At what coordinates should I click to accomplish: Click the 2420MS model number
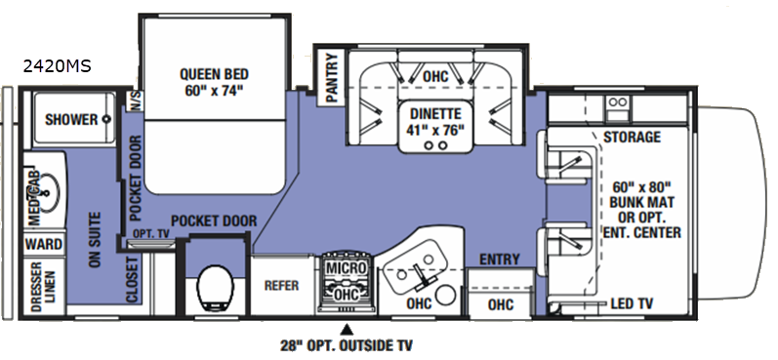coord(57,66)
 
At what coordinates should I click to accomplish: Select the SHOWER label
coord(71,119)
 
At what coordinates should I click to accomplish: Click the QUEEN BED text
coord(214,74)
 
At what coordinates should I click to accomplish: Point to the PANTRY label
coord(332,77)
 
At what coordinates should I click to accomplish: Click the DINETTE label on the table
coord(435,113)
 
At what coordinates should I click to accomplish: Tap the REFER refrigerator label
coord(281,286)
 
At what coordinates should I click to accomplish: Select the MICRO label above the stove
coord(346,267)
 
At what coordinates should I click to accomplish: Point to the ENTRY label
coord(500,259)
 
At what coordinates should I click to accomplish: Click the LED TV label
coord(632,303)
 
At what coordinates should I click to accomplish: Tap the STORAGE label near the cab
coord(632,137)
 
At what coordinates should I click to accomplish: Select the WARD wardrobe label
coord(44,245)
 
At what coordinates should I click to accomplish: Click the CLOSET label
coord(132,280)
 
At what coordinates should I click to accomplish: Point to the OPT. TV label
coord(151,233)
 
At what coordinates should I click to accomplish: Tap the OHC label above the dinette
coord(435,77)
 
